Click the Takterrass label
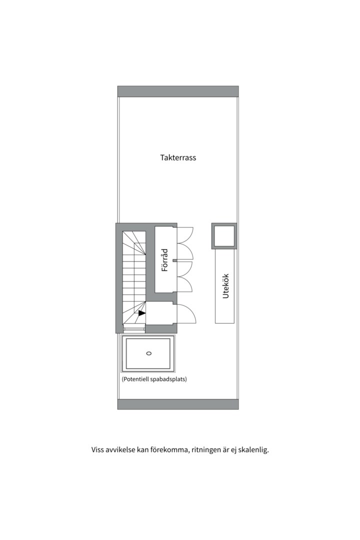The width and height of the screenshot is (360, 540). point(178,157)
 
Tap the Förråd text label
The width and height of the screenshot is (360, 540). point(164,260)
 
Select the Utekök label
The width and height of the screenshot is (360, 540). point(225,285)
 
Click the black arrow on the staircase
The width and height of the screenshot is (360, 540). point(142,313)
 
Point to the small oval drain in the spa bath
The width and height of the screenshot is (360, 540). point(148,353)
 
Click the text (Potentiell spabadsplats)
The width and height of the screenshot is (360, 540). point(154,379)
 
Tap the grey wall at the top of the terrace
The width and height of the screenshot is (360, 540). point(178,91)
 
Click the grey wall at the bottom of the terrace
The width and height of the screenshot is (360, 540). point(178,404)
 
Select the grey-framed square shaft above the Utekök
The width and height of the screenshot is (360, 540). point(224,236)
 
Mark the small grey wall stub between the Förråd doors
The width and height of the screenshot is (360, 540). point(175,259)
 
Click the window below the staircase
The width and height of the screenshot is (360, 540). point(134,329)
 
